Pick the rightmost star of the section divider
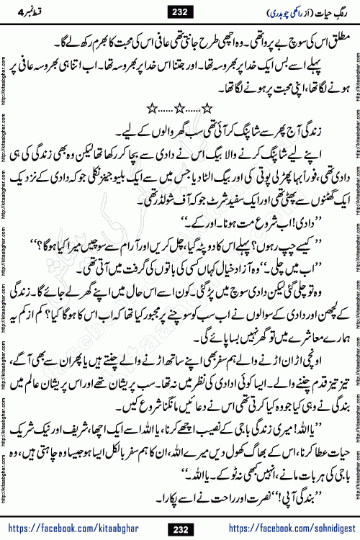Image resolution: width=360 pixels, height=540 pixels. point(208,108)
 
